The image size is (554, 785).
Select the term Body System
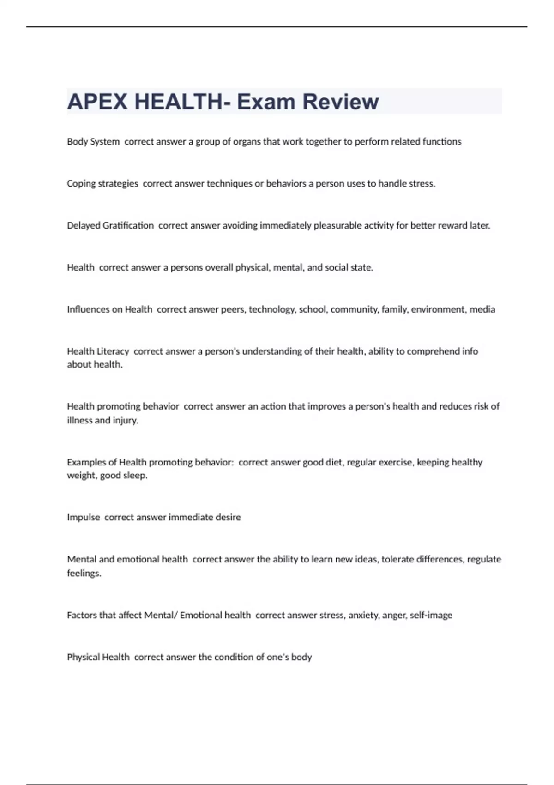coord(93,142)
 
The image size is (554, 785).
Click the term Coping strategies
coord(102,184)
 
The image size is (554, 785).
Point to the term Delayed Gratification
coord(110,226)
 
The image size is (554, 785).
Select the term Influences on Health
coord(109,309)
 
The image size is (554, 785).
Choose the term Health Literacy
coord(98,351)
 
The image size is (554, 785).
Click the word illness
coord(79,420)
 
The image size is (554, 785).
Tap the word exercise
coord(396,462)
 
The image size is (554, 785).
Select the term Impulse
coord(84,517)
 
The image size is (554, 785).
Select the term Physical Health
coord(98,657)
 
